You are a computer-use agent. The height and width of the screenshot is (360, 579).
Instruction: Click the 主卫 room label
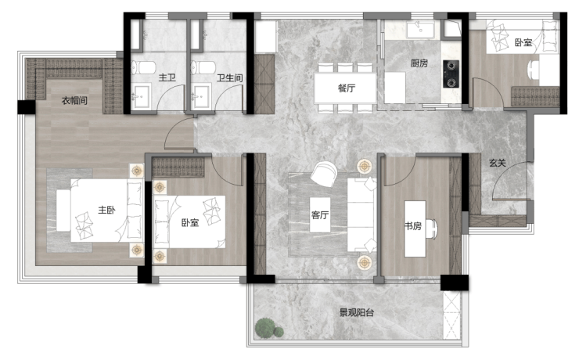(167, 77)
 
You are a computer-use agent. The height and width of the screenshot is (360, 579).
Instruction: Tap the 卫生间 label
(229, 78)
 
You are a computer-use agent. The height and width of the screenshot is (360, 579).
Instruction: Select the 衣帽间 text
(74, 100)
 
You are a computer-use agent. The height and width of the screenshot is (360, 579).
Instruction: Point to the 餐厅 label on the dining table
(347, 88)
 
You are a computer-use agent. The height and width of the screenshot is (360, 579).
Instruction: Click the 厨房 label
(419, 63)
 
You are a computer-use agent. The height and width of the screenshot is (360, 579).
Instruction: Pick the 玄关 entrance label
(498, 163)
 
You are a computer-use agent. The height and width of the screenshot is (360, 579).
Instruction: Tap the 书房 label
(413, 225)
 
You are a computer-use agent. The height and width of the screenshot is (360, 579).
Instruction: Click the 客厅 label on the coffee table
(320, 215)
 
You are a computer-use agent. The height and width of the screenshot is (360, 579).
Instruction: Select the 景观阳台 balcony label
(357, 313)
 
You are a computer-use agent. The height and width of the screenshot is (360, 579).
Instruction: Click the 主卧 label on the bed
(106, 210)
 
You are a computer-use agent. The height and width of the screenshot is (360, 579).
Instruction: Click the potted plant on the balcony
(268, 328)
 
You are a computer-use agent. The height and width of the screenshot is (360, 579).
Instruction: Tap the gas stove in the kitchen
(451, 74)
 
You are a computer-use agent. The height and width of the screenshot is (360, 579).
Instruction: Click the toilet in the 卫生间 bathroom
(203, 67)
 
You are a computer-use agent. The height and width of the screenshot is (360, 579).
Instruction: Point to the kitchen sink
(421, 30)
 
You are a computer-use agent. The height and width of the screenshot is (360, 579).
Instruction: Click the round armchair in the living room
(324, 174)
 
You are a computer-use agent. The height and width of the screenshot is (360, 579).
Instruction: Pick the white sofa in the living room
(361, 215)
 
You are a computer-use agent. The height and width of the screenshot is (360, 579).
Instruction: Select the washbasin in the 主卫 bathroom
(141, 96)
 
